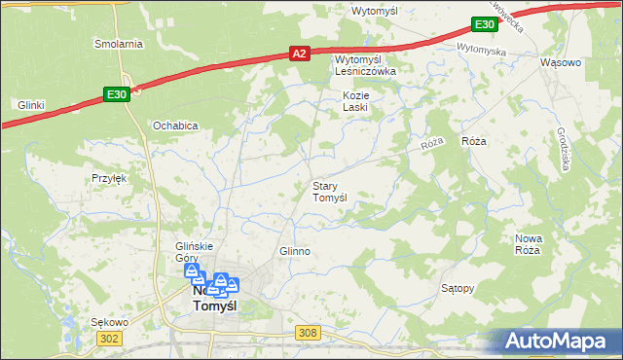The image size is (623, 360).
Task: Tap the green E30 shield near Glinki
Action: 116,94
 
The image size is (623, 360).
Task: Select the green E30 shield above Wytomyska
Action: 484,22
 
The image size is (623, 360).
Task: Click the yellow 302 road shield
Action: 108,337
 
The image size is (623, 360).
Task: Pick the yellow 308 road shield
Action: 308,333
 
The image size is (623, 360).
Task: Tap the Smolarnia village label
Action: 118,44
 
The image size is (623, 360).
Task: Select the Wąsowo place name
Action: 560,62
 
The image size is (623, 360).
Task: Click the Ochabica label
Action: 175,126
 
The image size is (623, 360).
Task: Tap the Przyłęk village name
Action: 110,178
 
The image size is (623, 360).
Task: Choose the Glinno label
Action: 294,251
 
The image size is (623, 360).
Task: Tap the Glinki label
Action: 32,104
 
